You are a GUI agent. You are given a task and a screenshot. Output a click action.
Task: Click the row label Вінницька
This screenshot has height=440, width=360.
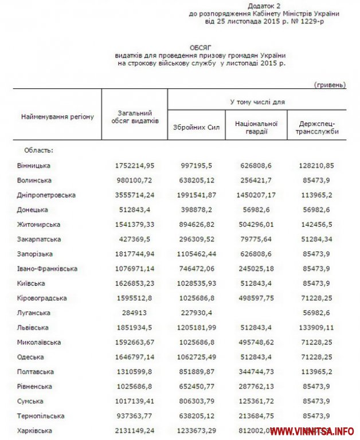[x=34, y=166]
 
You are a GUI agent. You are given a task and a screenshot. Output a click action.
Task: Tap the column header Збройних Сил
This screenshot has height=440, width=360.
[x=197, y=127]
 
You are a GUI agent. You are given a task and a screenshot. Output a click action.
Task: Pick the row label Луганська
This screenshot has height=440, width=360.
[x=33, y=313]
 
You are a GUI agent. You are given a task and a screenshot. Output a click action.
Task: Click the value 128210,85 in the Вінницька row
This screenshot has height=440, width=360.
[x=316, y=166]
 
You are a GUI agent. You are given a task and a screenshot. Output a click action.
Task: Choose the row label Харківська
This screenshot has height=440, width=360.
[x=35, y=431]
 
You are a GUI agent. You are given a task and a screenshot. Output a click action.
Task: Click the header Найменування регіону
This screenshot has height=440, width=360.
[x=57, y=117]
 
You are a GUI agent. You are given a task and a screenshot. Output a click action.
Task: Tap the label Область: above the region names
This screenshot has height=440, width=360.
[x=38, y=150]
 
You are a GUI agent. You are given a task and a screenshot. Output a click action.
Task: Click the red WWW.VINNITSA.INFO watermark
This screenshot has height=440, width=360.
[x=312, y=431]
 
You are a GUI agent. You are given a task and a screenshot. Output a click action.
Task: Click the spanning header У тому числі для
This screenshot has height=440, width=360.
[x=257, y=101]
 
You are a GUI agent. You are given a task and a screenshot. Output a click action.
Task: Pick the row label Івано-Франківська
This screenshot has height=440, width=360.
[x=48, y=269]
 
